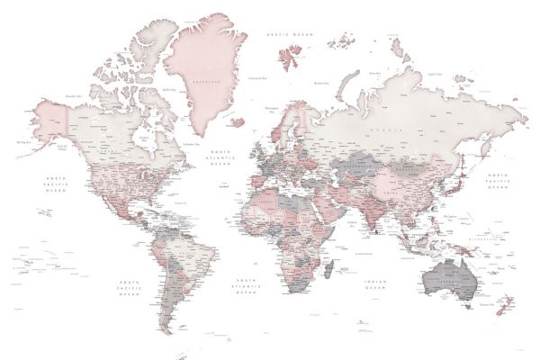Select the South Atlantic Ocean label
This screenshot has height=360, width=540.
[x=246, y=286]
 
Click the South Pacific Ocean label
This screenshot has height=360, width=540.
[x=128, y=287]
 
